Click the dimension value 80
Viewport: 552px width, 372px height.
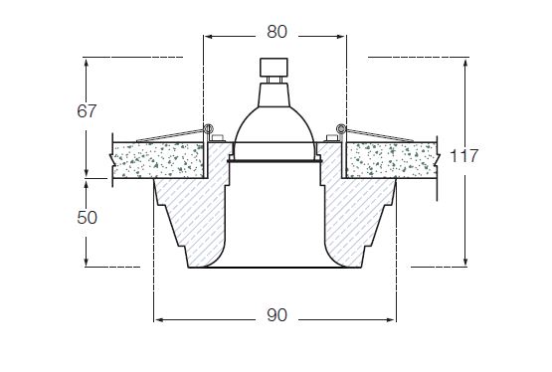click(x=276, y=32)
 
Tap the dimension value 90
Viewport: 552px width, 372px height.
click(x=276, y=315)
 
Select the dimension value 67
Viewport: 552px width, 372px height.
click(x=87, y=111)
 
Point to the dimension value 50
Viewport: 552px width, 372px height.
click(x=87, y=218)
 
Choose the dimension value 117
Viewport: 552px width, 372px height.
click(x=464, y=156)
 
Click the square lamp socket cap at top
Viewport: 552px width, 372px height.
click(x=274, y=68)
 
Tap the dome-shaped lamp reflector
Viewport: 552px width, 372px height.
click(x=274, y=125)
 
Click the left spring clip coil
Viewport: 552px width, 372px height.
click(x=209, y=128)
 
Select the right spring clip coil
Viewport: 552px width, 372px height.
click(x=340, y=128)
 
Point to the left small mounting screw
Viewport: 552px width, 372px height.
click(x=218, y=138)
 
